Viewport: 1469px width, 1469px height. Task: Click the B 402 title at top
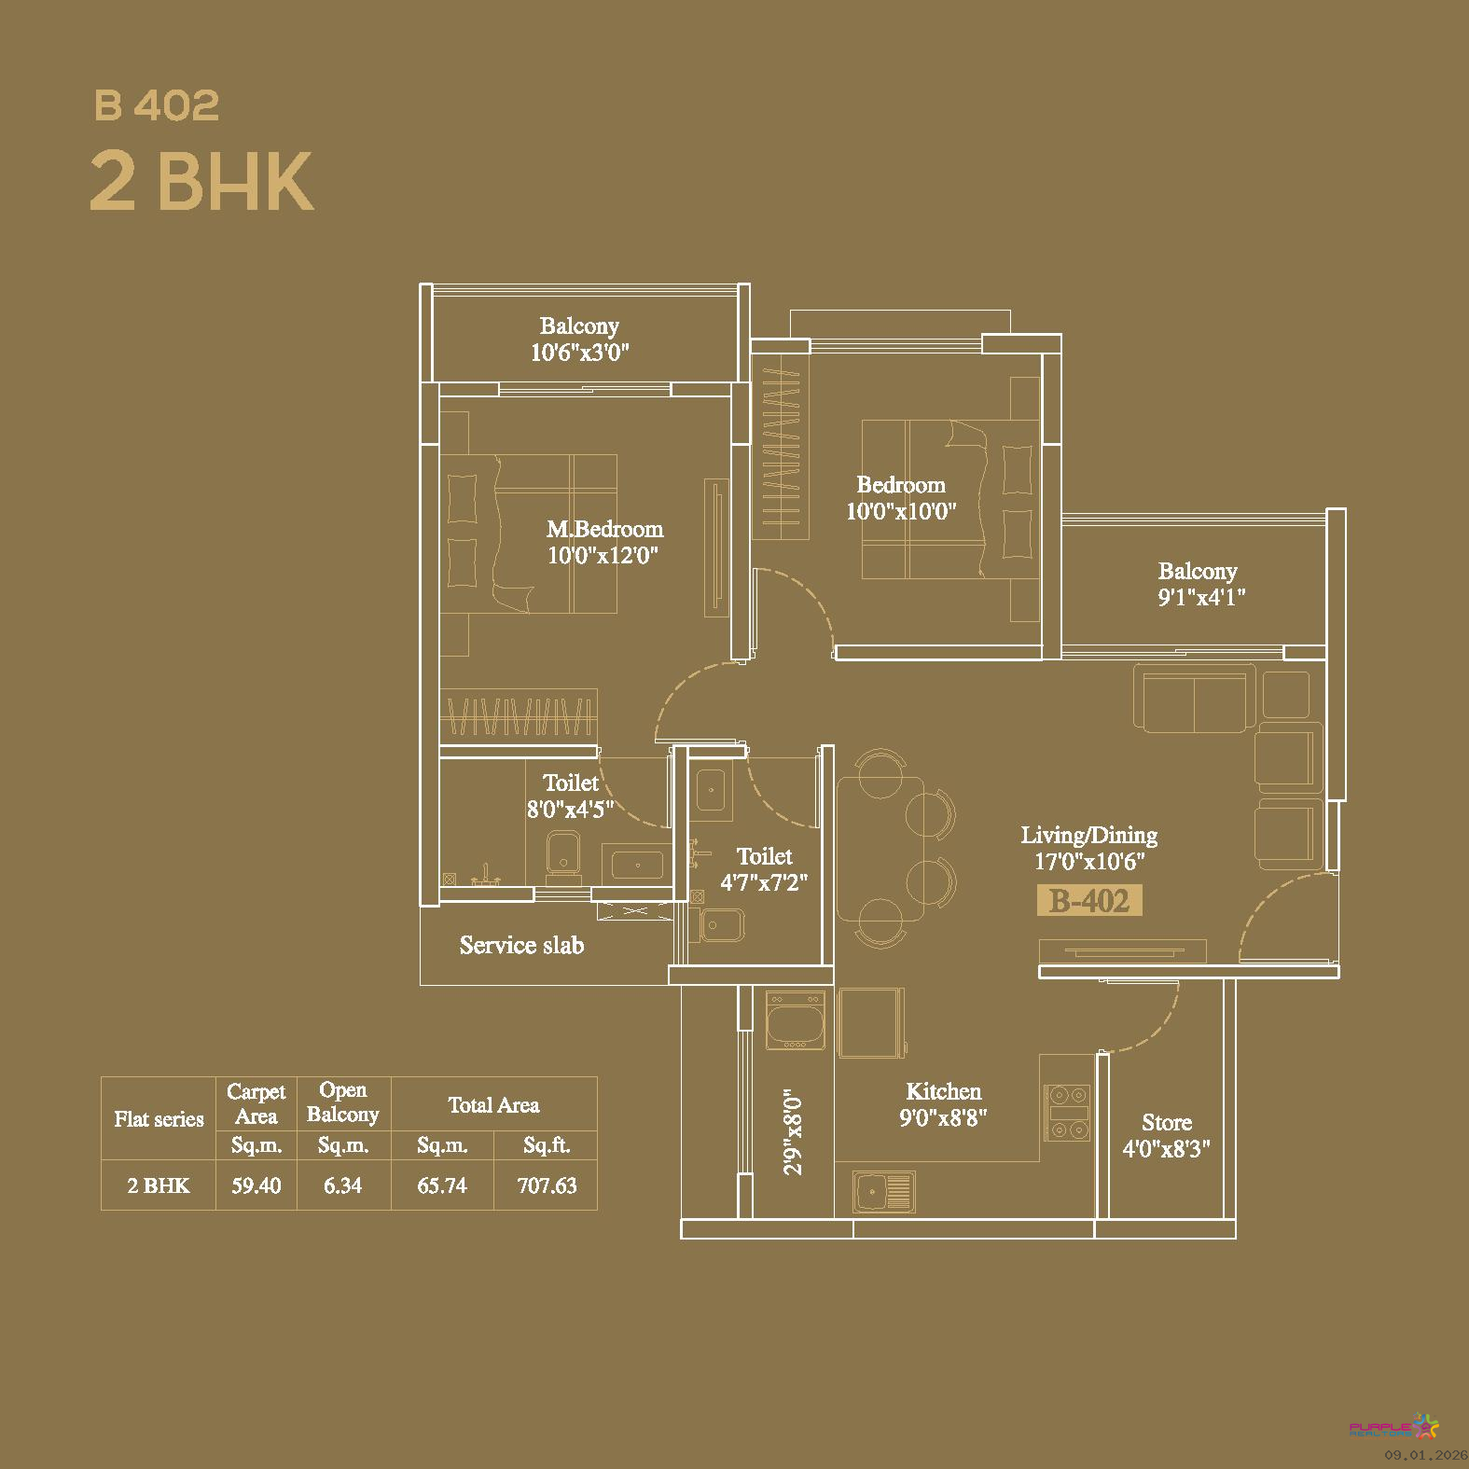(157, 105)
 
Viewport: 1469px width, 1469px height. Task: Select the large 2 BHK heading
(201, 182)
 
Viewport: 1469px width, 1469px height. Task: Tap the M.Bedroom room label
(604, 529)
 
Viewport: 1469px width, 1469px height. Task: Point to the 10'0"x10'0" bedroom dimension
(901, 511)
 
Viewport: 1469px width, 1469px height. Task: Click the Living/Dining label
(1088, 836)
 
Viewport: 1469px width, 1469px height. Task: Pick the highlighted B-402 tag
(1089, 901)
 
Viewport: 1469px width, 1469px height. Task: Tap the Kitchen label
(943, 1091)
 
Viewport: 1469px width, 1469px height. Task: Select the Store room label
(1167, 1123)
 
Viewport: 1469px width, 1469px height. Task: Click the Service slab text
(521, 946)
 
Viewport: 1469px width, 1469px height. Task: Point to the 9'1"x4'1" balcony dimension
(1201, 598)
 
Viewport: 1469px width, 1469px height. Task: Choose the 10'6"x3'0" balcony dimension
(580, 353)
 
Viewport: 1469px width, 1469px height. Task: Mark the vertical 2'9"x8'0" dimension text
(793, 1132)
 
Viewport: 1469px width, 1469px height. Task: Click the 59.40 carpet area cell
(256, 1185)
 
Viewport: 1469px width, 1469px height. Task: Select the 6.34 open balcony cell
(342, 1185)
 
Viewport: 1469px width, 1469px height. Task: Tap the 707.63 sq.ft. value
(547, 1185)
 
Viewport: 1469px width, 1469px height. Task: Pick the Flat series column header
(159, 1119)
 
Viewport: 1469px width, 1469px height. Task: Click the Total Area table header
(493, 1105)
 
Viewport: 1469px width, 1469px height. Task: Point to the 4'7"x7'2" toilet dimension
(764, 881)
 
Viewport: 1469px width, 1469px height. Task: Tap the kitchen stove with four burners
(1067, 1111)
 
